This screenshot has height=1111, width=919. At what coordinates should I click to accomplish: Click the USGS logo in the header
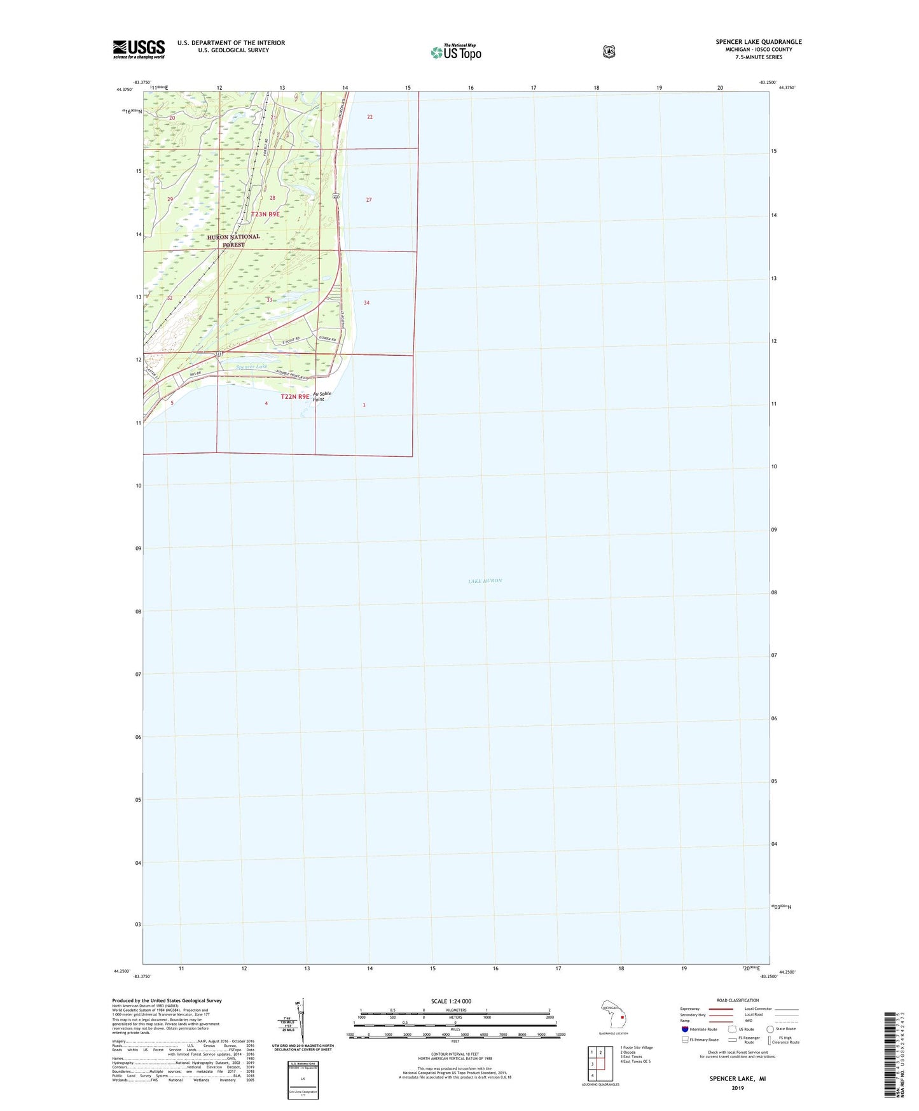(x=139, y=49)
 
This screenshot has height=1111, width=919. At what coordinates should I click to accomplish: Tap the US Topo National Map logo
(x=455, y=52)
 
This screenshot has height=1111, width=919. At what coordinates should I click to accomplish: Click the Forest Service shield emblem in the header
(x=609, y=52)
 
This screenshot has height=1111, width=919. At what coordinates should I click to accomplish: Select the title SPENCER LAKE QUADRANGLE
(x=759, y=42)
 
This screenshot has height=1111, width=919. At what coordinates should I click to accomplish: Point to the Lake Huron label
(x=485, y=581)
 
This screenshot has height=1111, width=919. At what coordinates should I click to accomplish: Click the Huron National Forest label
(x=233, y=241)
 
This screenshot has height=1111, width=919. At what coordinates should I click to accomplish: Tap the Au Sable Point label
(x=322, y=396)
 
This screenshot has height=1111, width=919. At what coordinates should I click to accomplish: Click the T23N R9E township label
(x=265, y=214)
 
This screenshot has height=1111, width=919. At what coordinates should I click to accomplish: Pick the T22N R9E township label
(x=295, y=396)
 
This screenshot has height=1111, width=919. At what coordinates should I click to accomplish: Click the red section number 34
(x=367, y=303)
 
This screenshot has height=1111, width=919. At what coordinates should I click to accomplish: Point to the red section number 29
(x=170, y=200)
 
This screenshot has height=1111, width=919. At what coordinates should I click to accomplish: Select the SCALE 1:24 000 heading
(x=451, y=1001)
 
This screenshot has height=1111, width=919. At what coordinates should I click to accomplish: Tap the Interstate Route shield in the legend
(x=684, y=1029)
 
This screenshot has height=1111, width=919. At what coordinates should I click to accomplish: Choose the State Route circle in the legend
(x=770, y=1029)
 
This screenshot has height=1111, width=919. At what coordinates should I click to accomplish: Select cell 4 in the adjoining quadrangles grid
(x=592, y=1075)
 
